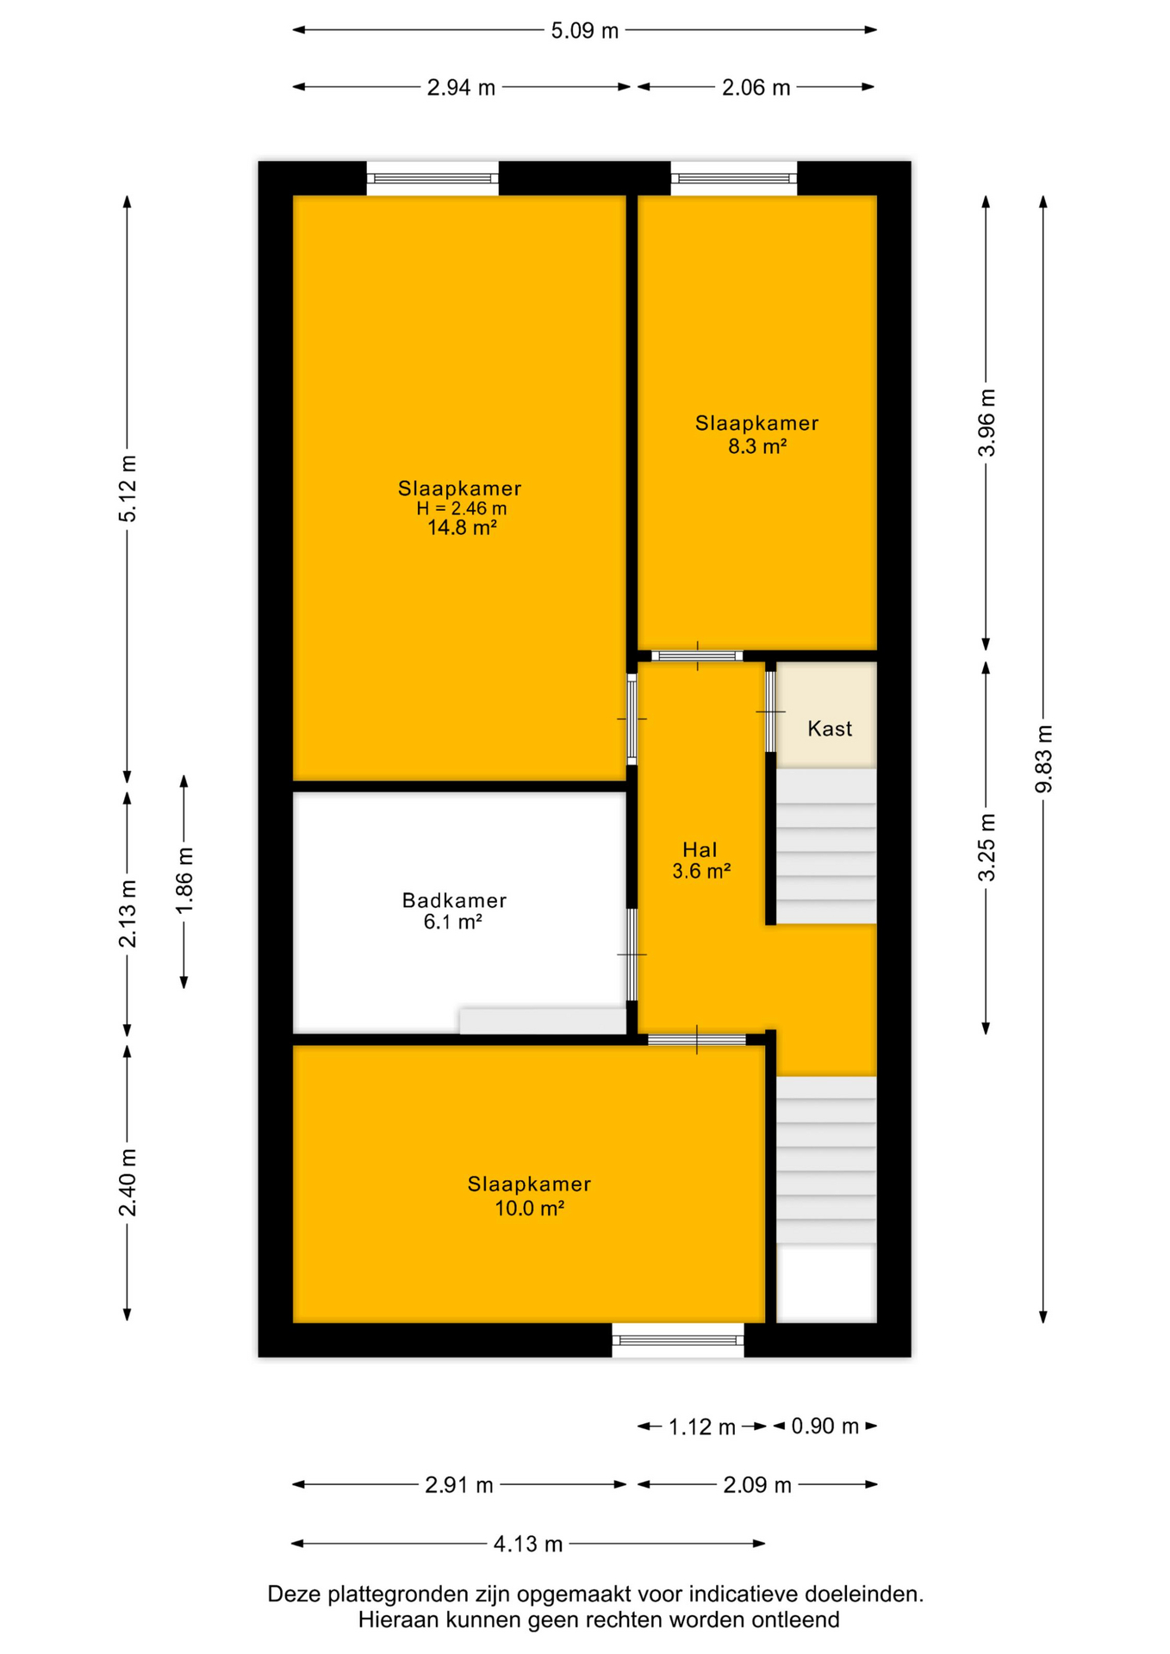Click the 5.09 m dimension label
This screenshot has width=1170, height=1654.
tap(584, 31)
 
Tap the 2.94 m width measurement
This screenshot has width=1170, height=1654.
tap(461, 88)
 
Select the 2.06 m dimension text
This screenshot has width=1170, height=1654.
tap(756, 88)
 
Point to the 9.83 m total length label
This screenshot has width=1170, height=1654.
tap(1043, 758)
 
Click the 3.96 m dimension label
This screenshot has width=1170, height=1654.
tap(986, 422)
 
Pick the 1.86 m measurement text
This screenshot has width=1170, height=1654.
tap(184, 880)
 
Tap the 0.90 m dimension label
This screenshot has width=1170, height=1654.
tap(825, 1427)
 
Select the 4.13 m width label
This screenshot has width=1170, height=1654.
tap(527, 1544)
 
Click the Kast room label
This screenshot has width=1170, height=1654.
tap(830, 729)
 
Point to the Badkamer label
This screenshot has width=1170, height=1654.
tap(454, 900)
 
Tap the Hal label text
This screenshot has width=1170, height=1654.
tap(700, 850)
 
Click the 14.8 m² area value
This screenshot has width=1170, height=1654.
tap(462, 528)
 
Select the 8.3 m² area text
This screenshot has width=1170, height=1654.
tap(757, 446)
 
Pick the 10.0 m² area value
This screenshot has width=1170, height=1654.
tap(529, 1208)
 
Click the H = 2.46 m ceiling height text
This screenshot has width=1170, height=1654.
tap(462, 508)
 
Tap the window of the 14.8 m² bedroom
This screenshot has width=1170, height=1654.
tap(433, 178)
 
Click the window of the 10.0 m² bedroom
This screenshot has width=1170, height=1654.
tap(678, 1340)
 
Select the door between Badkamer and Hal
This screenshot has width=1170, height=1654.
tap(632, 954)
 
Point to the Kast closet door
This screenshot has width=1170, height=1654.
tap(770, 712)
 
